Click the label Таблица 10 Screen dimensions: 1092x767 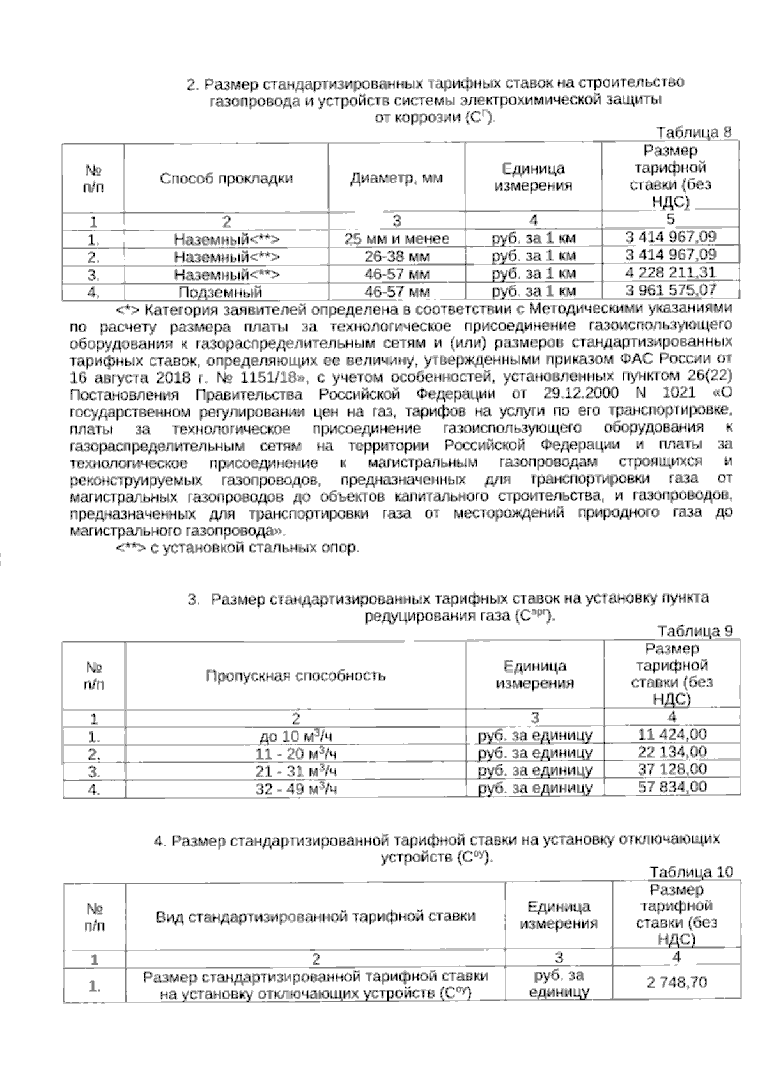point(691,872)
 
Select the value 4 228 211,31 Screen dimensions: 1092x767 point(670,272)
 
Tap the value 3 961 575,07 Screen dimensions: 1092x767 point(670,291)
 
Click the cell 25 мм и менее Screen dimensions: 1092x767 point(396,239)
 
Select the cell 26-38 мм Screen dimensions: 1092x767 point(396,257)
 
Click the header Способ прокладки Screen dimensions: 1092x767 point(226,178)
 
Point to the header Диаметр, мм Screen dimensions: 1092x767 point(396,178)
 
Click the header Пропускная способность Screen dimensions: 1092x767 point(295,675)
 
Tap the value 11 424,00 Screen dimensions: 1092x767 point(672,734)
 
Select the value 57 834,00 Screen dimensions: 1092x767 point(672,786)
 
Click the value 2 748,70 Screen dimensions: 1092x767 point(676,983)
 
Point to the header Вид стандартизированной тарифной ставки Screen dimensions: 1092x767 point(315,916)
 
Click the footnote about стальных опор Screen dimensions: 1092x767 point(238,548)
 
